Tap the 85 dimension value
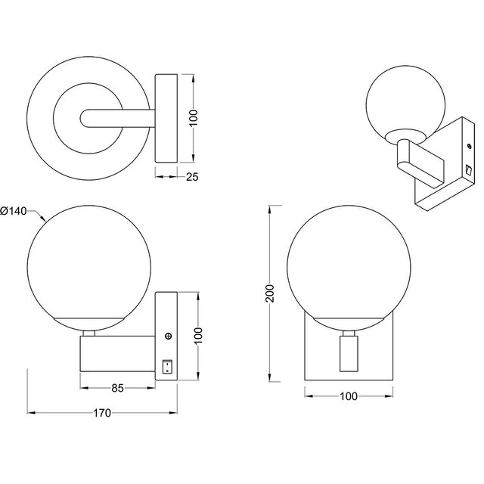tap(117, 389)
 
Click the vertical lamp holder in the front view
tap(349, 355)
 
